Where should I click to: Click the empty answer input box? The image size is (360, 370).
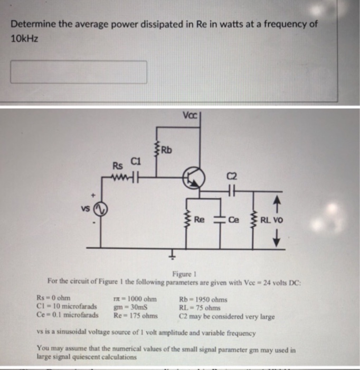tap(79, 72)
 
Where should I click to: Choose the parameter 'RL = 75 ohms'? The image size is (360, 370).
tap(200, 307)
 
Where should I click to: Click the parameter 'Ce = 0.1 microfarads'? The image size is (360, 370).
tap(68, 315)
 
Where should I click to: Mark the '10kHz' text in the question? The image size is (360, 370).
tap(25, 39)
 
